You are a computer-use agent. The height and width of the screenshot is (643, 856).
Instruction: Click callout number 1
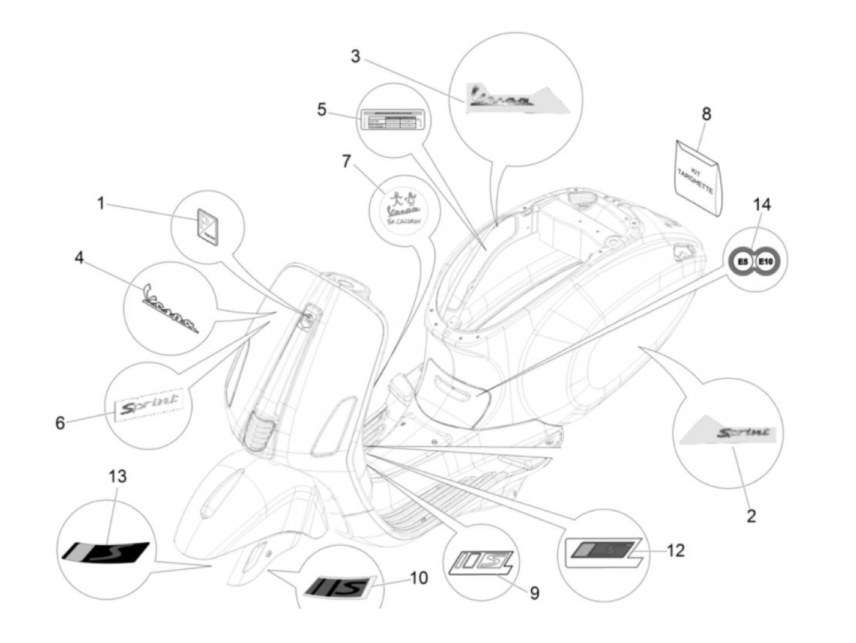101,203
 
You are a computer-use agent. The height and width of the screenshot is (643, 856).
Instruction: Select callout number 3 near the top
355,57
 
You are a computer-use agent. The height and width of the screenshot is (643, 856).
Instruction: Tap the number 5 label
322,109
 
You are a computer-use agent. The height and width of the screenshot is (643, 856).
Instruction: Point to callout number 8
706,114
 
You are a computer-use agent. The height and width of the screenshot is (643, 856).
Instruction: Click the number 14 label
762,205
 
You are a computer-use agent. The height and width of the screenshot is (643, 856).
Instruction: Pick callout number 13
118,476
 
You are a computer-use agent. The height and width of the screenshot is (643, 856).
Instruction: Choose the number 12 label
675,551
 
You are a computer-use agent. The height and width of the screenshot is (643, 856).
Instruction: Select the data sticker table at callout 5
391,119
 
